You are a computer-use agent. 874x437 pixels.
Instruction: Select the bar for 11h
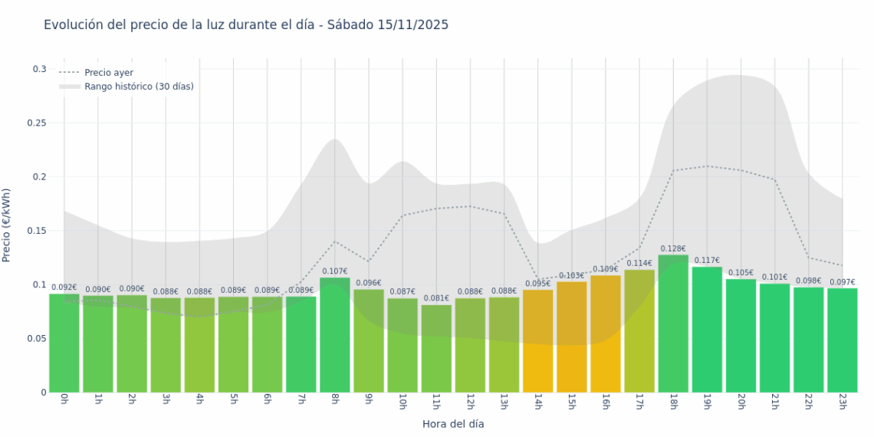click(436, 349)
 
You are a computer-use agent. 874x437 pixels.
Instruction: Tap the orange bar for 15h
click(571, 337)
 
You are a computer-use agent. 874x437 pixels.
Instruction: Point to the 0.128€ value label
click(673, 248)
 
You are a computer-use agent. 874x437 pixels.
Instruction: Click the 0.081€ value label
click(436, 299)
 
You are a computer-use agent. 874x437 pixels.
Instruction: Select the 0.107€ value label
click(335, 271)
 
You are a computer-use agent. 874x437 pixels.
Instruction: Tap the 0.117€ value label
click(707, 261)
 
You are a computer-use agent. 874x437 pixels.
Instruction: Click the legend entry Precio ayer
click(109, 73)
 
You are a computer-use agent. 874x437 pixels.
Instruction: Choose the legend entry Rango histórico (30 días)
click(139, 87)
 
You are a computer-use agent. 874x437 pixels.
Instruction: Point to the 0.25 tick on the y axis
click(37, 123)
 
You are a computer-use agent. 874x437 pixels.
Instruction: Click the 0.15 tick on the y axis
click(37, 231)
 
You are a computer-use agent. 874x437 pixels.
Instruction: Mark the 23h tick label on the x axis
click(842, 402)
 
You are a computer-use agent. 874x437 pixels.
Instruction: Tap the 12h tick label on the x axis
click(470, 402)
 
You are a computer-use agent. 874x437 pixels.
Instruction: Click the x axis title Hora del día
click(453, 424)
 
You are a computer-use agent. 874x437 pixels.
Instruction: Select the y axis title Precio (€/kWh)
click(7, 225)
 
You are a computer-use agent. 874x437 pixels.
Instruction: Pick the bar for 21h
click(774, 338)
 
